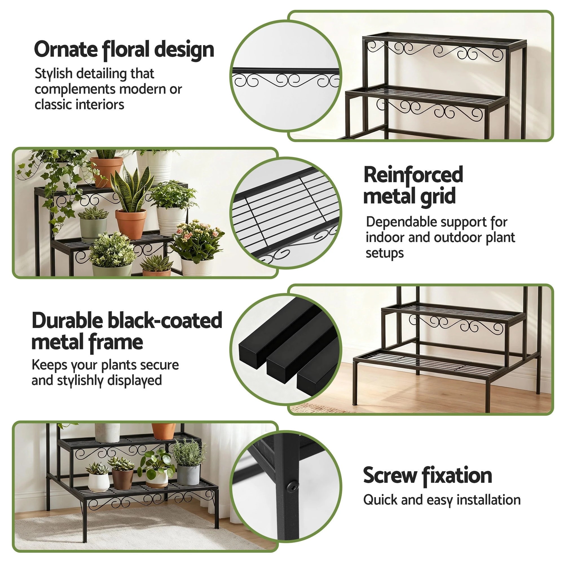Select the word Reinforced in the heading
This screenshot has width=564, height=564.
413,175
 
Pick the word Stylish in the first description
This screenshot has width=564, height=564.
53,74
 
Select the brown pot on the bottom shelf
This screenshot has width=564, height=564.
122,478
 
